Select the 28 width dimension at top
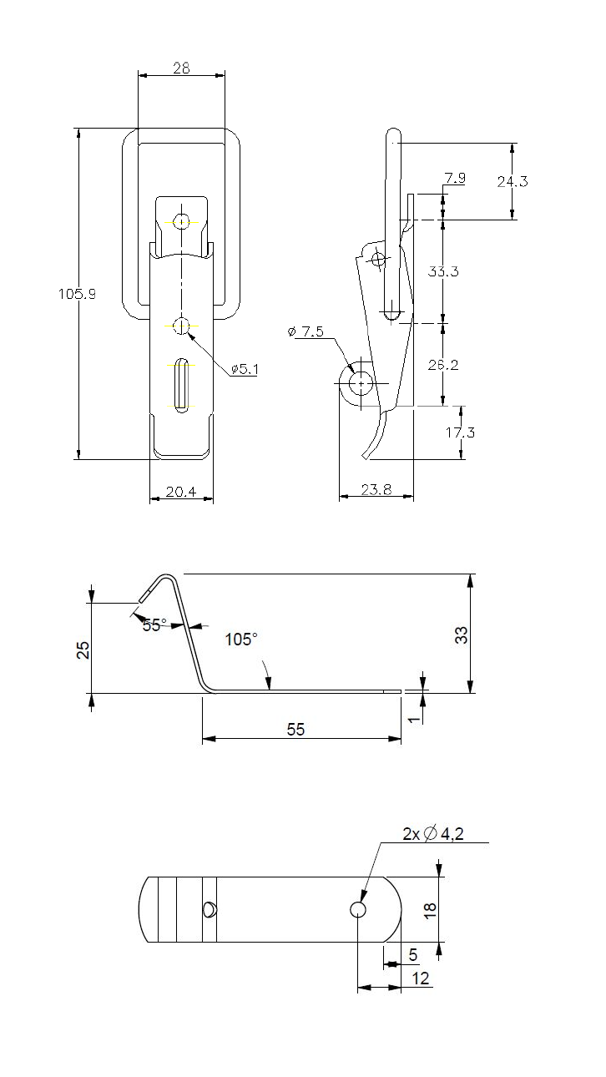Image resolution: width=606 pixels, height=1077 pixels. point(181,68)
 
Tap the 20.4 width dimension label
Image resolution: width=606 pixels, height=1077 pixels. point(180,492)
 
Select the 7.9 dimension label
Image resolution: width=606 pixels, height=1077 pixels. point(456,178)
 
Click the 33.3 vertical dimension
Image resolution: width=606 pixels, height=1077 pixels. point(443,271)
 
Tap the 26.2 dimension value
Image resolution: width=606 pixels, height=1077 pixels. point(443,364)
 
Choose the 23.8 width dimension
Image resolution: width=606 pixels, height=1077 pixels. point(377,492)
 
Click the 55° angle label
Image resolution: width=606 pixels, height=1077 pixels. point(154,624)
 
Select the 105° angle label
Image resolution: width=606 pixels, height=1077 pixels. point(241,640)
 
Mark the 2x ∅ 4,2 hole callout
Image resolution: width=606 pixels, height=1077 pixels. point(432,833)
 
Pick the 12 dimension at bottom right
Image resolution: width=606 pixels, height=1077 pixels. point(421,978)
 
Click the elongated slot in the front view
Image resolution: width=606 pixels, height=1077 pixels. point(181,383)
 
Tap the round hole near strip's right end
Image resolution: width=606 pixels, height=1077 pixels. point(358,909)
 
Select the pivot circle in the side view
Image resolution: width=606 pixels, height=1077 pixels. point(361,383)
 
